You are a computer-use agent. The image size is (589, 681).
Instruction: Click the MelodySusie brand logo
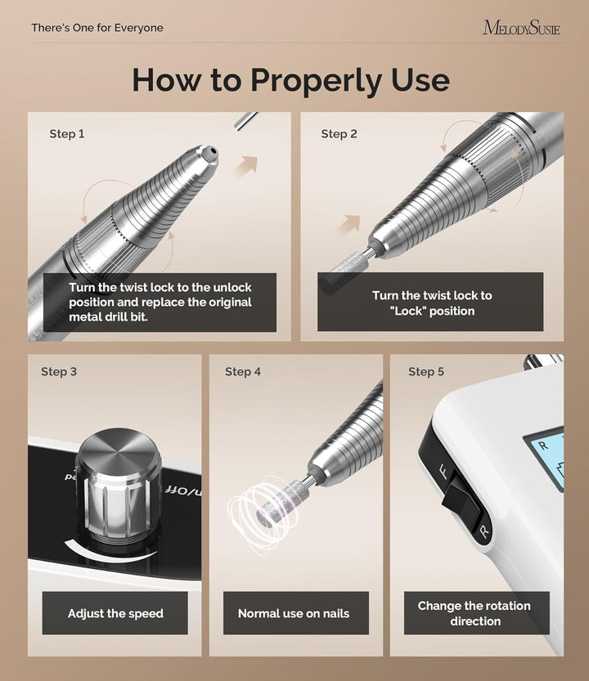521,28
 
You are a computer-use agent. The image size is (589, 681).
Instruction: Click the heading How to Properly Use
290,80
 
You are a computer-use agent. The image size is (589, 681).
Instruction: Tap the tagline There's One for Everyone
97,28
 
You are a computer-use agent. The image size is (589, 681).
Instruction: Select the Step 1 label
67,134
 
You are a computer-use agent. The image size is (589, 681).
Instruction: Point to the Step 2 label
339,134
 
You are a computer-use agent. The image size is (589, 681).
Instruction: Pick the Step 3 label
59,372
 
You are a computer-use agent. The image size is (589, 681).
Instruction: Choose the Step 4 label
243,372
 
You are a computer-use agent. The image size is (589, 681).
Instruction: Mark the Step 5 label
426,372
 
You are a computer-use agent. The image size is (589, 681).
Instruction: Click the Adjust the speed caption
115,613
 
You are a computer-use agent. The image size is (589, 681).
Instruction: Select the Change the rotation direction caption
474,613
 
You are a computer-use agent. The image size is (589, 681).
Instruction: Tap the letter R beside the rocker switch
484,532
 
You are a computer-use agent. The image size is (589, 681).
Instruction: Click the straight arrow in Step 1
245,165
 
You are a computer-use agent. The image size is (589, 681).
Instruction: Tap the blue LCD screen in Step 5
544,457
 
